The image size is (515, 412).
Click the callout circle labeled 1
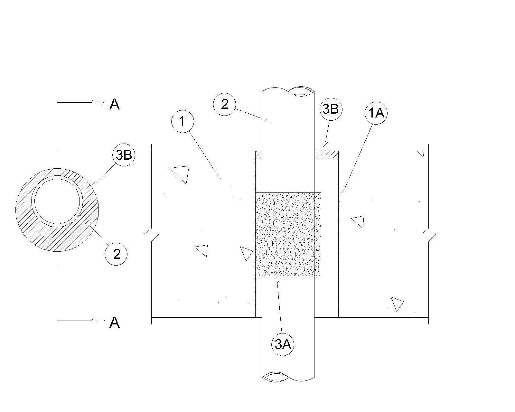coord(183,122)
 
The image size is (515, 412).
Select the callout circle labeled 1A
coord(376,113)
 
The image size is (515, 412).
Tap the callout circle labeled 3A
coord(283,344)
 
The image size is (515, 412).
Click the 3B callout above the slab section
coord(331,109)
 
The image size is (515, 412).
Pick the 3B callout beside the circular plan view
coord(124,155)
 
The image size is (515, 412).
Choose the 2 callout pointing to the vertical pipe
coord(225,104)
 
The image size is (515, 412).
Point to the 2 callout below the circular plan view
coord(117,254)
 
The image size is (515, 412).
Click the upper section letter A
coord(115,104)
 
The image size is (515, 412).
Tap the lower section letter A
coord(115,322)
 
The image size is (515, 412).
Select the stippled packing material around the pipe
coord(288,234)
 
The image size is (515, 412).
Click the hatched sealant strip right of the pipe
coord(326,155)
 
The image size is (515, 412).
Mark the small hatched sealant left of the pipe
coord(258,155)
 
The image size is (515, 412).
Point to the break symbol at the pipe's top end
coord(301,91)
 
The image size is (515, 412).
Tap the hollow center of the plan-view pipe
coord(57,201)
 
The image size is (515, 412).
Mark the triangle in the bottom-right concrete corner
coord(397,304)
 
